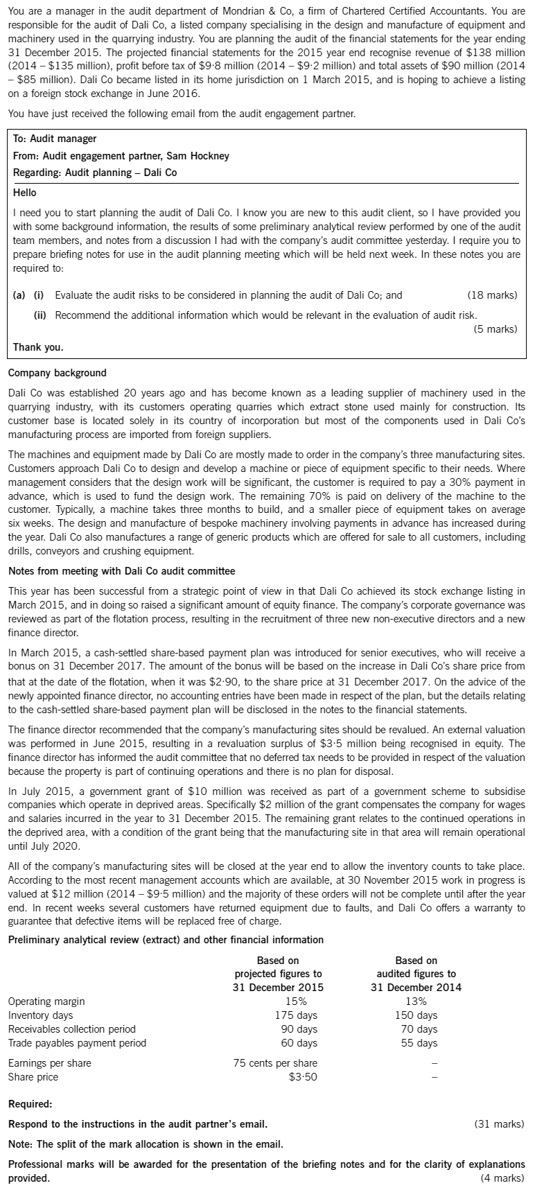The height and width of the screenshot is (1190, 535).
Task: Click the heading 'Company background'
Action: (x=58, y=373)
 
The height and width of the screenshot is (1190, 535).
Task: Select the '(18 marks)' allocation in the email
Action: (x=492, y=295)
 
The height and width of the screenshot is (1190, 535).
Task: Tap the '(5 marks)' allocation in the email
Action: (x=495, y=329)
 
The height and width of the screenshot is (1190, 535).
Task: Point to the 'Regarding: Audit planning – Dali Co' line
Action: (x=95, y=173)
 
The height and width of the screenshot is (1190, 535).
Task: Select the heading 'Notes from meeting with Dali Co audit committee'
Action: (x=121, y=571)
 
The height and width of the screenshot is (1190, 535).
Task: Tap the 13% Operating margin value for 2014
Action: (x=416, y=1001)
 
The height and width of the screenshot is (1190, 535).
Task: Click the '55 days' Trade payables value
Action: (x=416, y=1042)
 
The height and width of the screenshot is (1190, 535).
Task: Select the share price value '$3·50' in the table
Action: (x=302, y=1077)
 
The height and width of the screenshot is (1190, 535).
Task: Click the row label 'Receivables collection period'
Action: (x=72, y=1029)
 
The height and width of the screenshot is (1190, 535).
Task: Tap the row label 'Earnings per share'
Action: (x=49, y=1063)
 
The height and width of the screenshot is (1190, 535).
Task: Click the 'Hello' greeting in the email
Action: (x=25, y=192)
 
